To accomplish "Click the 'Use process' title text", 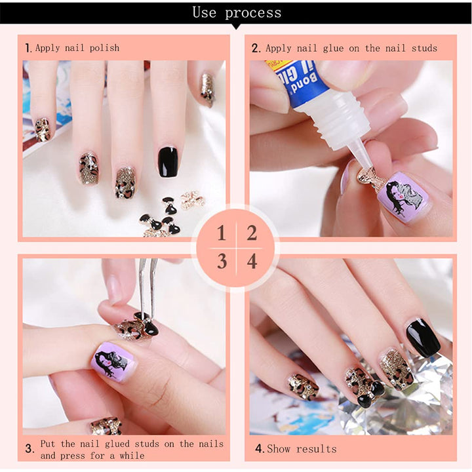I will click(x=236, y=12).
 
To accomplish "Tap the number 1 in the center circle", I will click(x=222, y=233).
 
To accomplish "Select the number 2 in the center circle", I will click(x=252, y=233).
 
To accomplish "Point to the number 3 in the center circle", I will click(x=222, y=262).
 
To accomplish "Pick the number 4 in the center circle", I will click(x=252, y=262).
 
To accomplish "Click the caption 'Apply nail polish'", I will click(x=77, y=48).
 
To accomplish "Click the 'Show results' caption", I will click(x=302, y=449).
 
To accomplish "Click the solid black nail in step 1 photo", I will click(x=168, y=161).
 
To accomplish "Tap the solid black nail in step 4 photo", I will click(x=422, y=338).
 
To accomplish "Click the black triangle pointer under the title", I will click(x=236, y=27).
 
